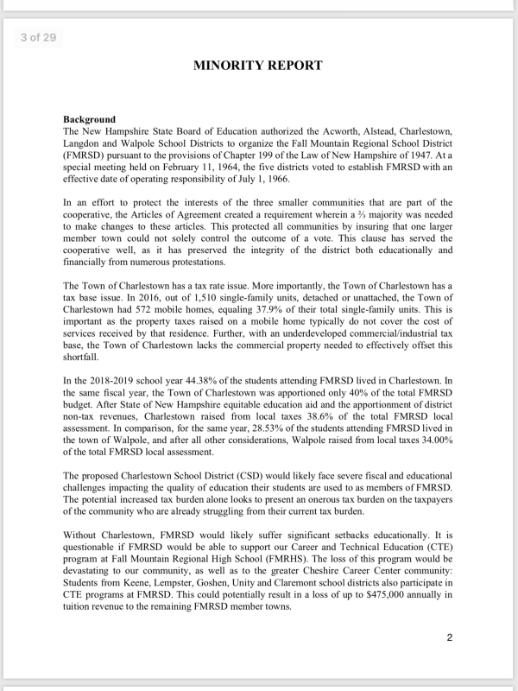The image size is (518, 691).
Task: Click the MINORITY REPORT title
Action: [258, 65]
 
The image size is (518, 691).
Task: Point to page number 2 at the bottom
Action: [450, 638]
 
